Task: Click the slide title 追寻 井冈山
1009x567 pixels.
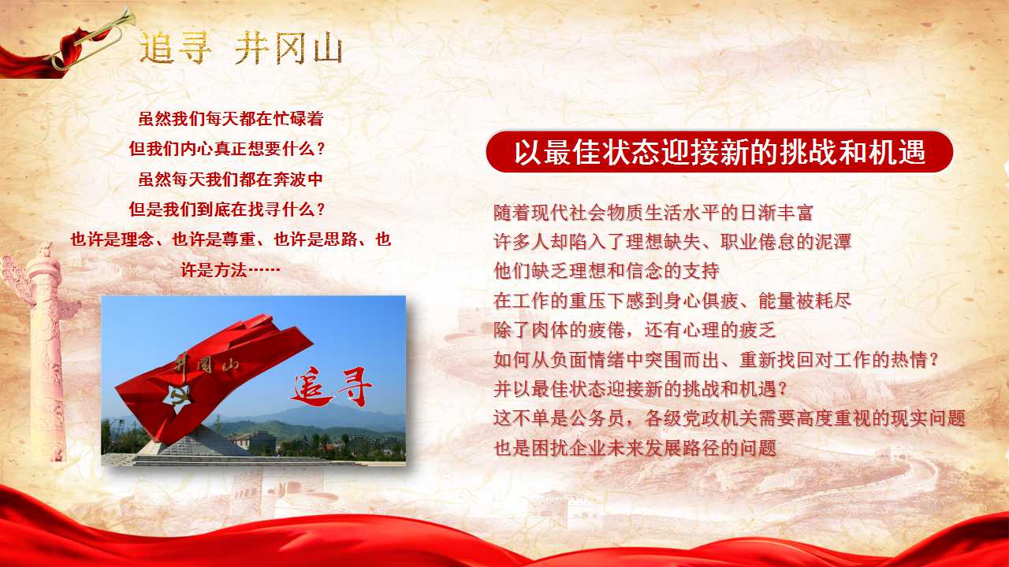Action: point(240,49)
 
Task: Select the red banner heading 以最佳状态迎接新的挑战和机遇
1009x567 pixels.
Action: point(719,152)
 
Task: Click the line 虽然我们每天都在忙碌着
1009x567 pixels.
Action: point(231,120)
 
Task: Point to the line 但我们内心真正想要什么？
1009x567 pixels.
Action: point(227,149)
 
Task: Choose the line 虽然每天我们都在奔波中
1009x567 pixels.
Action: point(231,180)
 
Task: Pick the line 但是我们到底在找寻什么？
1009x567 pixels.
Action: point(227,210)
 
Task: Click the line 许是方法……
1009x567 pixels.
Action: point(231,270)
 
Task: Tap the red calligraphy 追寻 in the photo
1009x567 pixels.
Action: point(332,387)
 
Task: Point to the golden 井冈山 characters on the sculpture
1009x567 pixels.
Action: point(207,365)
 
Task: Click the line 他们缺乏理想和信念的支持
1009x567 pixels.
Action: point(606,272)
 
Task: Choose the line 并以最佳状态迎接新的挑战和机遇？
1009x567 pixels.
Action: point(640,389)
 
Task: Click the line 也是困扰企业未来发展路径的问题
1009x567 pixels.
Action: point(635,449)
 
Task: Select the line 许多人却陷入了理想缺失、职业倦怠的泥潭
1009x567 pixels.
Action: point(672,242)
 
